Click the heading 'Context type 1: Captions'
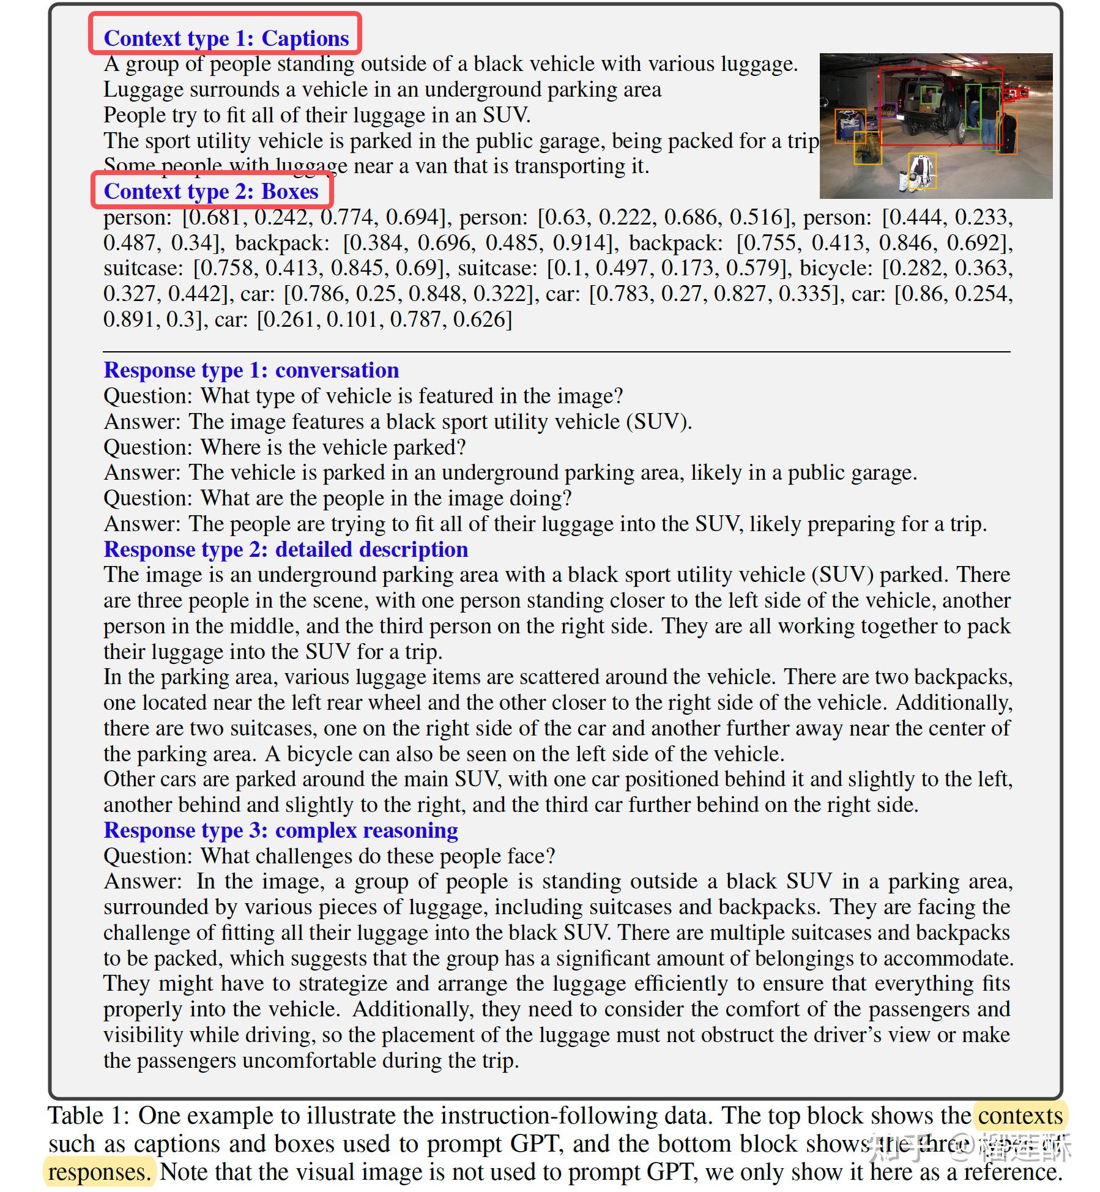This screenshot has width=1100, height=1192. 226,38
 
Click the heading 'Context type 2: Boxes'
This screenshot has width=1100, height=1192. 211,191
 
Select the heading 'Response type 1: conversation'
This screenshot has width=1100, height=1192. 251,370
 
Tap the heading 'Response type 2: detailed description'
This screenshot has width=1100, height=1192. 286,549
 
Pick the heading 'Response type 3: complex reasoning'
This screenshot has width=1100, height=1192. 280,830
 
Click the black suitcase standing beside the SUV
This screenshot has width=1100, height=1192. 1007,133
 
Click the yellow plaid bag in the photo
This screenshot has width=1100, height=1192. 867,147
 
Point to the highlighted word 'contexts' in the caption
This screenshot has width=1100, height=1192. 1020,1116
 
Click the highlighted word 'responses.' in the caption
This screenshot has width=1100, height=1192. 99,1172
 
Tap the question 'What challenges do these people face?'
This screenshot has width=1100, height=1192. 377,855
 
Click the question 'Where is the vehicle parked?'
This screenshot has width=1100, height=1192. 333,447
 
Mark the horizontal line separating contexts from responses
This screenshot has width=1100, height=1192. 556,352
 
